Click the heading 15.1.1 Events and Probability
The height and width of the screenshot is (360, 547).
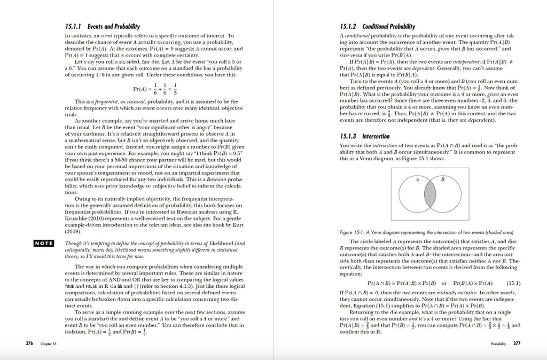[102, 26]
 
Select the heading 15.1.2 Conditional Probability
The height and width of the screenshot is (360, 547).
[377, 26]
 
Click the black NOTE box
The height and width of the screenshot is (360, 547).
[44, 244]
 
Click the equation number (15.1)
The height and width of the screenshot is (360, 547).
[513, 283]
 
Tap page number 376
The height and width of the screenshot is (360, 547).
[30, 343]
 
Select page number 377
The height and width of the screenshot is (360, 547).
[517, 343]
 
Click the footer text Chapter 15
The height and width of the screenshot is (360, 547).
[50, 343]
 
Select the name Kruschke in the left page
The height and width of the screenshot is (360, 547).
[77, 219]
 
